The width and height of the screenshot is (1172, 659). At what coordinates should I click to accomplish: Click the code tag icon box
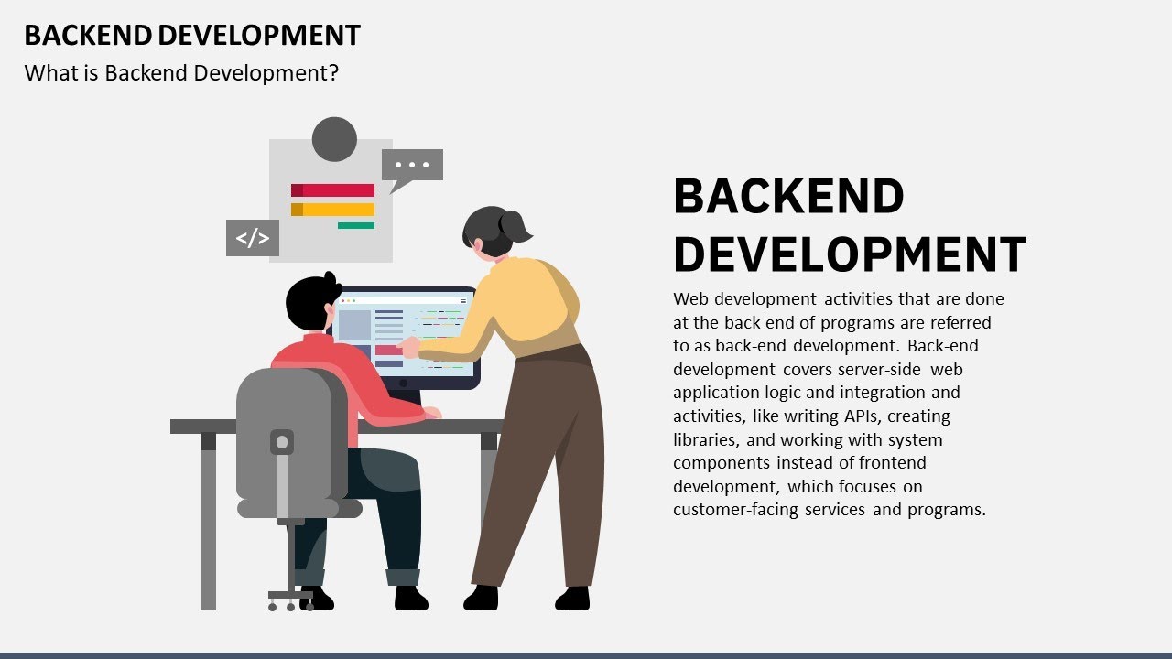point(252,238)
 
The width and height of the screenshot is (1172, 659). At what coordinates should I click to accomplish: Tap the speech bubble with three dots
point(412,166)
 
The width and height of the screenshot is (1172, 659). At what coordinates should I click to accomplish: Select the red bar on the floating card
point(333,190)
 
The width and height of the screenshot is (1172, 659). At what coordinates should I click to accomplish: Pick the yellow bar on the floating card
point(333,210)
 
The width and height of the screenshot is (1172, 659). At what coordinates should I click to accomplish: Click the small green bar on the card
point(355,225)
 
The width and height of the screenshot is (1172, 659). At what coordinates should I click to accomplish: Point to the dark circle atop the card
point(334,139)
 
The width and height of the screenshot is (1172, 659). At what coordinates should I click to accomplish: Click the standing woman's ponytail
point(515,225)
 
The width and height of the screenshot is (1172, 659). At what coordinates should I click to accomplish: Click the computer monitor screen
point(403,334)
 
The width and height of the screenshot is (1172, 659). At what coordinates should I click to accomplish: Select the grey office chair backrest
point(284,430)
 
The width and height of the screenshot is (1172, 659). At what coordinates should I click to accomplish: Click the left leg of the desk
point(208,522)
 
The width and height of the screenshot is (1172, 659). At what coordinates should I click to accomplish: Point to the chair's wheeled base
point(291,600)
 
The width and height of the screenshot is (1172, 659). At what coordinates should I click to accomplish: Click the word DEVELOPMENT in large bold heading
point(850,254)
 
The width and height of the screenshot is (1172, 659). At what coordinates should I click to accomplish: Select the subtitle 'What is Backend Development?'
point(181,73)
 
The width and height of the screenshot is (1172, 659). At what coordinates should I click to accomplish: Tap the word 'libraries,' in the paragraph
point(707,439)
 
